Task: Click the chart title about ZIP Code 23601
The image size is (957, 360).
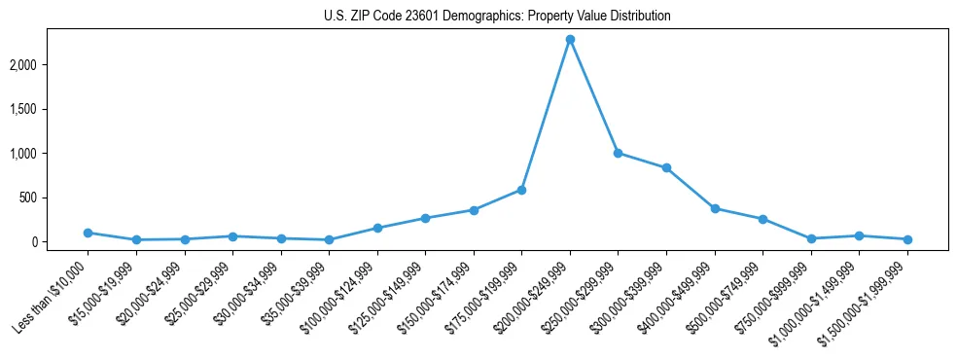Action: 497,17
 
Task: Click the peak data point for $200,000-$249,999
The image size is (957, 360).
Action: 570,39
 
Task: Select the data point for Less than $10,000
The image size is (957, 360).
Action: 88,233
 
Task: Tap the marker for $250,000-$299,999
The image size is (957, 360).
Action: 618,153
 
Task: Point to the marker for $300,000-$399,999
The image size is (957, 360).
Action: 666,167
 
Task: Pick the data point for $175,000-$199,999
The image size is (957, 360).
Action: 521,190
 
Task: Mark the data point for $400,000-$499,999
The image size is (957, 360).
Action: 715,208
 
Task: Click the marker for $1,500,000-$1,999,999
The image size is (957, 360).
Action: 907,239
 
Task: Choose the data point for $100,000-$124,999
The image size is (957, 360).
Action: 377,228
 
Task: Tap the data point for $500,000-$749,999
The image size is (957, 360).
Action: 762,219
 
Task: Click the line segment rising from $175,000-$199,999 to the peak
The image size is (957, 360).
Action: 546,115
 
